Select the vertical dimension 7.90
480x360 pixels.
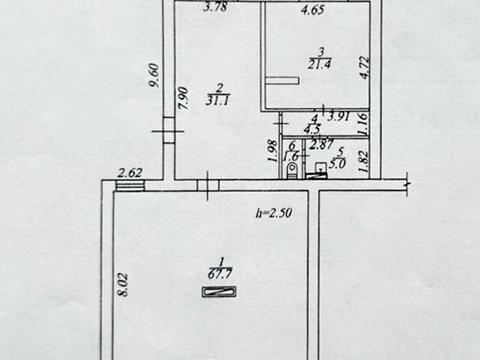pyautogui.click(x=182, y=97)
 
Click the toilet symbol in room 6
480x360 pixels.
pyautogui.click(x=291, y=171)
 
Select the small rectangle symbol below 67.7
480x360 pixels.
pyautogui.click(x=218, y=292)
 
